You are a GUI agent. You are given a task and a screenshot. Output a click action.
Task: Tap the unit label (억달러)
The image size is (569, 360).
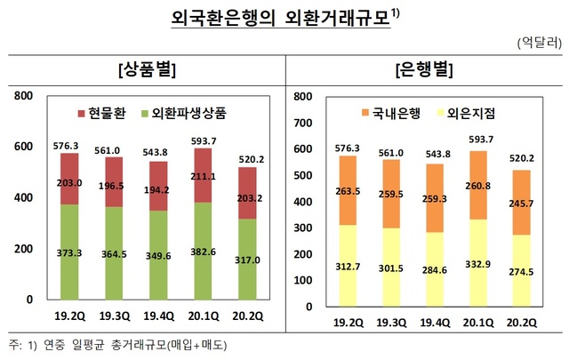pos(536,42)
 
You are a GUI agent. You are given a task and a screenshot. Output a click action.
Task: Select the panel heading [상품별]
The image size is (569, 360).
pos(146,69)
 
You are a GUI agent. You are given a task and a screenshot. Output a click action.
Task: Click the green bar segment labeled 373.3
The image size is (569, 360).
pos(76,252)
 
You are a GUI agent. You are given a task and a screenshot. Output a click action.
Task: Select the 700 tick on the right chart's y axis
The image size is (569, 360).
pos(302,122)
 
